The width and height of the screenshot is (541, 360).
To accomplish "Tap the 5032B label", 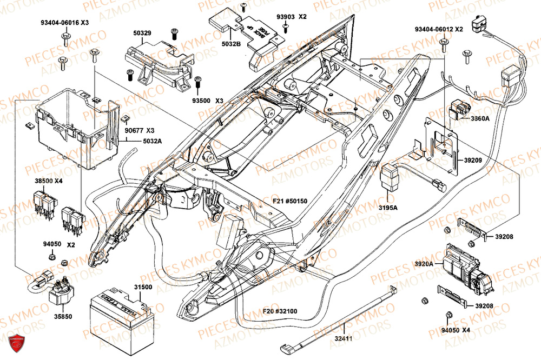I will pyautogui.click(x=231, y=44).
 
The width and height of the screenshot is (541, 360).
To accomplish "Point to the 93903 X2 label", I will pyautogui.click(x=292, y=17).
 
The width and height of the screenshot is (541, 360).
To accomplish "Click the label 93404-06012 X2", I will pyautogui.click(x=439, y=29).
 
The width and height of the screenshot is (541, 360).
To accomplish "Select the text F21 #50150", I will pyautogui.click(x=290, y=201).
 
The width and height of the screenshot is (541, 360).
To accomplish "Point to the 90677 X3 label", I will pyautogui.click(x=139, y=131).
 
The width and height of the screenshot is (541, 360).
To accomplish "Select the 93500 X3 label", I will pyautogui.click(x=207, y=101).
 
